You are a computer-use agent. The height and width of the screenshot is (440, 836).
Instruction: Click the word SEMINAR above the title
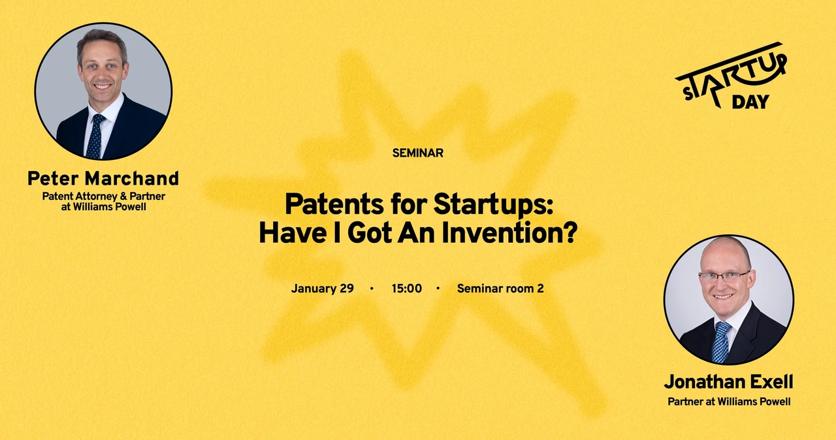tap(417, 153)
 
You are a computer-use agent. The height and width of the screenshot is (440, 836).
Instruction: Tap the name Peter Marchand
tap(103, 178)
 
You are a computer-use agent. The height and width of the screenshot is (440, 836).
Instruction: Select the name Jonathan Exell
tap(728, 382)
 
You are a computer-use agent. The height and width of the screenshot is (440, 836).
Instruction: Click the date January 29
tap(323, 289)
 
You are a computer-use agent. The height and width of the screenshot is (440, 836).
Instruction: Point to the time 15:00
tap(407, 289)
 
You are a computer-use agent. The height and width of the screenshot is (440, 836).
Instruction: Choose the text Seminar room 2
tap(500, 289)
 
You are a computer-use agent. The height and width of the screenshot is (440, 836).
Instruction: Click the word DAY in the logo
tap(750, 102)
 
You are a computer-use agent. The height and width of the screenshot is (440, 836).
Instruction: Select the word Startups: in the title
tap(493, 205)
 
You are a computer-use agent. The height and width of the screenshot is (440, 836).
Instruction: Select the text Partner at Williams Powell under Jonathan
tap(729, 401)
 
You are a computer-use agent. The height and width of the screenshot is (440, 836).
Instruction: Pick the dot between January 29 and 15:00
tap(372, 289)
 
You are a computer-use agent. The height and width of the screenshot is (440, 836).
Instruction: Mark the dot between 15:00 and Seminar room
tap(438, 289)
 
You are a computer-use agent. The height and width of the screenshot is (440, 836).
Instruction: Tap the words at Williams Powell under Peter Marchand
tap(103, 206)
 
